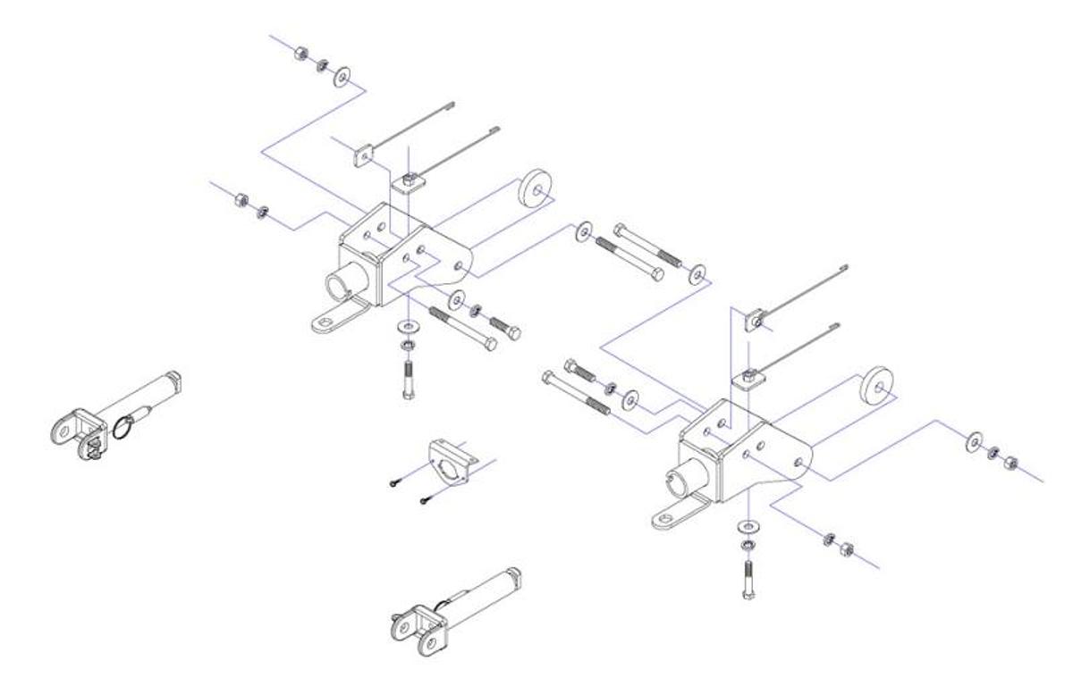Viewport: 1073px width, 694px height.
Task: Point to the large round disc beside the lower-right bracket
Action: tap(875, 386)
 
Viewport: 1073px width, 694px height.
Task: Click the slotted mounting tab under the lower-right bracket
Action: tap(672, 518)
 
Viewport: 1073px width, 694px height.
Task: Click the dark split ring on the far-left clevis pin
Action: tap(126, 426)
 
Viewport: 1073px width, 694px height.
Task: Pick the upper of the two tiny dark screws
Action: tap(395, 482)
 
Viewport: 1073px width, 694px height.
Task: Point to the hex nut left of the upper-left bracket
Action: tap(240, 198)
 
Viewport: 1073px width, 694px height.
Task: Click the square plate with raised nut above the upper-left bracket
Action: tap(407, 185)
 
